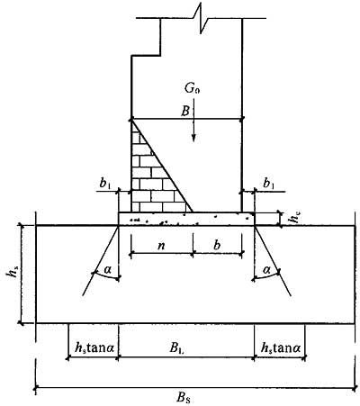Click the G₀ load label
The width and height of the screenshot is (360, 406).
tap(192, 89)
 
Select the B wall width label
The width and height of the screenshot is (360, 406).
tap(185, 112)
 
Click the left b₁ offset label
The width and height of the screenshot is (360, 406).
tap(105, 185)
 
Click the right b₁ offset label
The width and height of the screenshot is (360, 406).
tap(268, 184)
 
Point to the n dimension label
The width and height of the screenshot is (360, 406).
tap(161, 246)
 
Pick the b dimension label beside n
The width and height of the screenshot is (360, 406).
tap(217, 245)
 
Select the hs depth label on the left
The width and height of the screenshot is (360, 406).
tap(11, 274)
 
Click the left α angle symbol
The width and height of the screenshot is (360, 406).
tap(107, 270)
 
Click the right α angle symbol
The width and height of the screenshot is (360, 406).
tap(266, 270)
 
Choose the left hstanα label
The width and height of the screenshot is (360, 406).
tap(94, 348)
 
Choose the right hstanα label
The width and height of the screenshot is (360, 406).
tap(281, 348)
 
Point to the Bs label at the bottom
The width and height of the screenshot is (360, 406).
tap(183, 398)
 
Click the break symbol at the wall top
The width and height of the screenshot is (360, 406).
tap(201, 19)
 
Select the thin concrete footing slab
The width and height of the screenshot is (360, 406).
tap(186, 219)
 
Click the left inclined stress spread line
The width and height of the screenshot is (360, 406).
tap(101, 260)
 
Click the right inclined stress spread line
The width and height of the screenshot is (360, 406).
tap(273, 260)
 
